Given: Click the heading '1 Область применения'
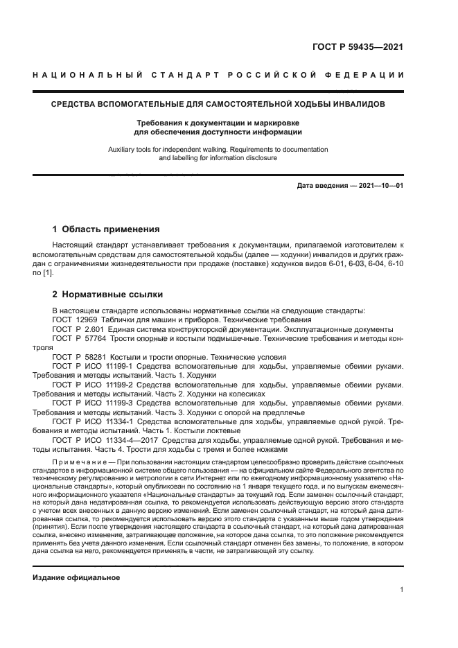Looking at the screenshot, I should click(x=106, y=229).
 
